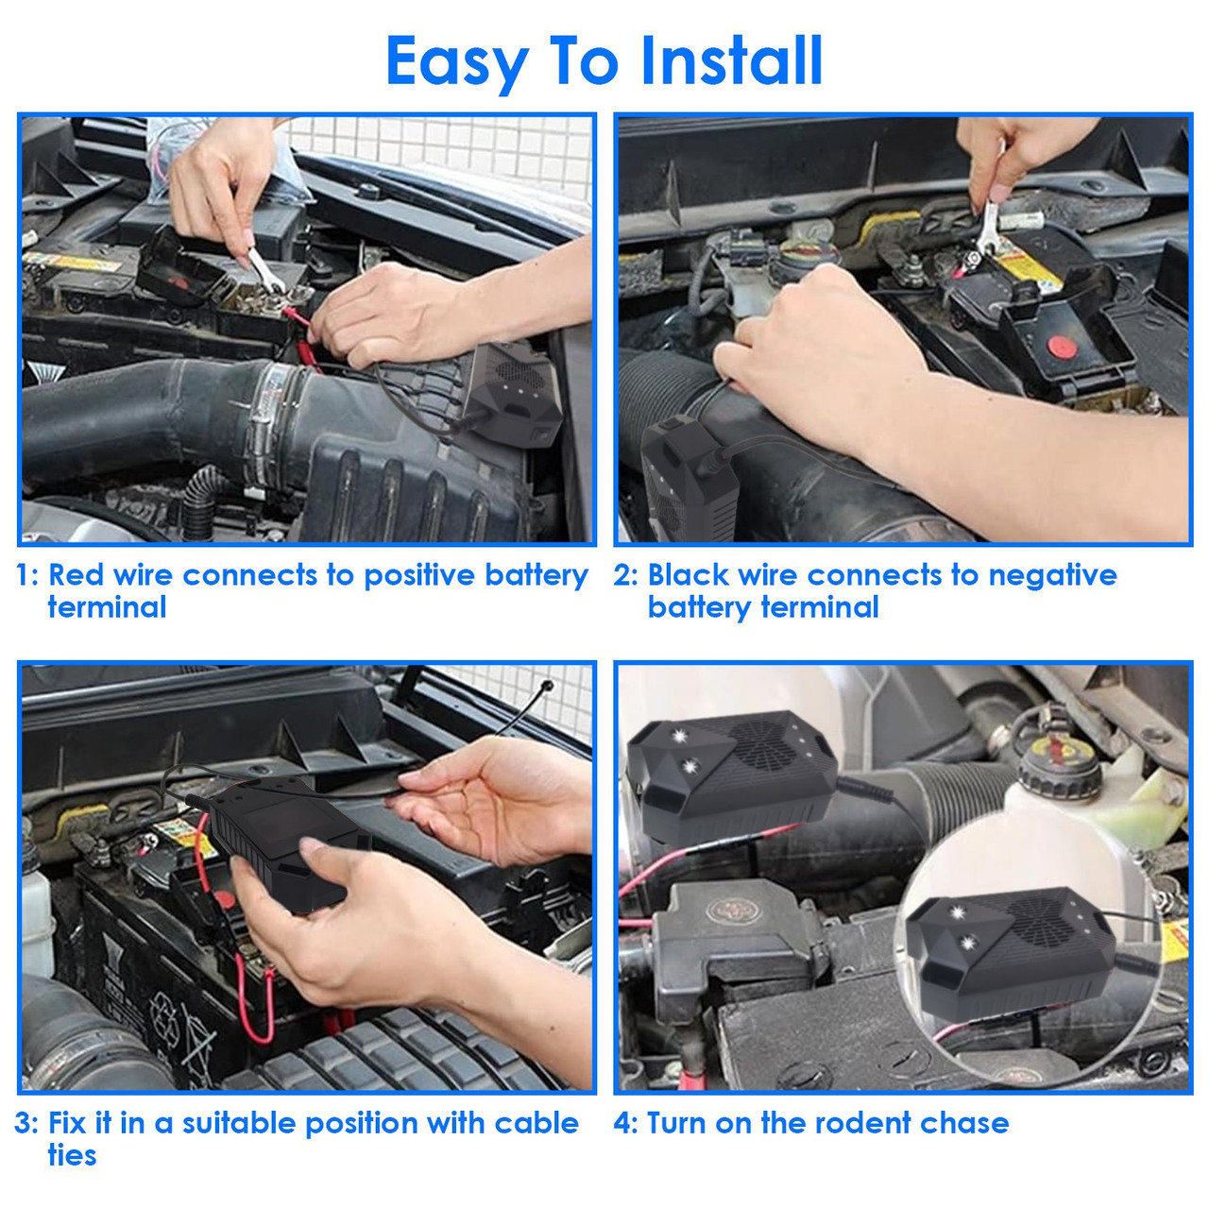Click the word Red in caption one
(x=77, y=575)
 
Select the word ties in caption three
(x=72, y=1155)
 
